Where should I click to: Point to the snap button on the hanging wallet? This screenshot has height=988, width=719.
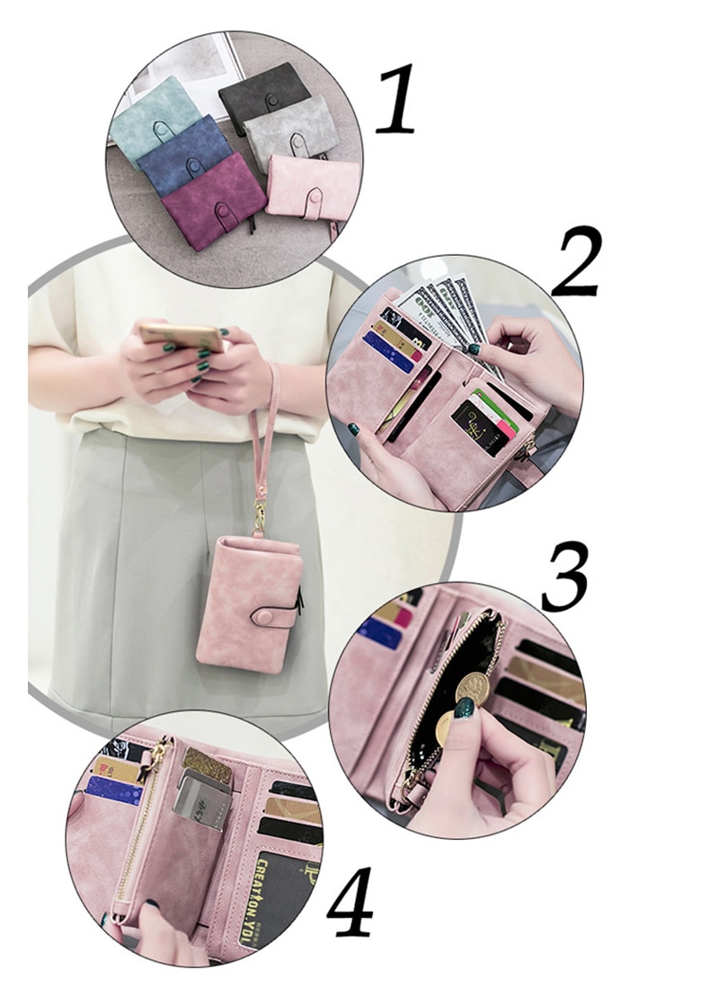tap(267, 618)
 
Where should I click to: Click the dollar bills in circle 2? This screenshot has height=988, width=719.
tap(445, 310)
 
